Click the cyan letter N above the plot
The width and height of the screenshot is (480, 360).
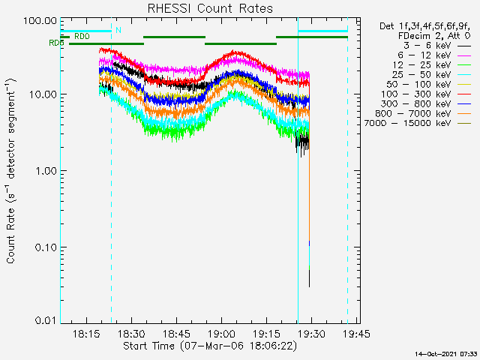[x=118, y=30]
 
